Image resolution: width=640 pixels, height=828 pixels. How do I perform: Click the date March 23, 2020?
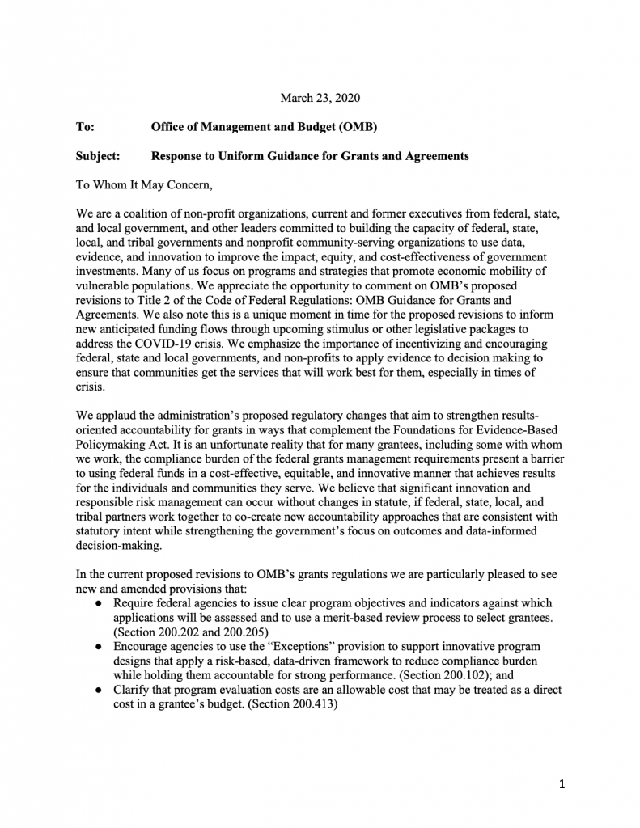click(x=320, y=98)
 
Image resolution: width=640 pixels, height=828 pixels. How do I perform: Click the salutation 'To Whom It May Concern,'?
click(x=143, y=185)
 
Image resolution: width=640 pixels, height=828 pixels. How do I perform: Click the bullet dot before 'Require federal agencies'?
click(x=97, y=604)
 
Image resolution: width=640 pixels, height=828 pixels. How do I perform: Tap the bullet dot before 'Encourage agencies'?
click(x=97, y=648)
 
